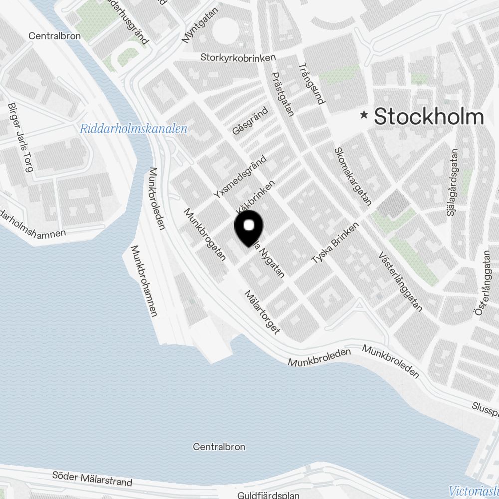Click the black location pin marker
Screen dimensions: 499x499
coord(248,227)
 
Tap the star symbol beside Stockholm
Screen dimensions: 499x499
coord(365,115)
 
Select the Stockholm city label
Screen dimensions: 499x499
coord(429,117)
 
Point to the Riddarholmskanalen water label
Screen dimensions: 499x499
coord(133,129)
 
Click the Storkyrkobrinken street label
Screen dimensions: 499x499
coord(238,58)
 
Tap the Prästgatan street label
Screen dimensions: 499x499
coord(283,94)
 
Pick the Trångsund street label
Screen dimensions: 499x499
coord(311,83)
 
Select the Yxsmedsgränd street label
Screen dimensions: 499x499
coord(240,178)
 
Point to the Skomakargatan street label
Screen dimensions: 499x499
coord(353,176)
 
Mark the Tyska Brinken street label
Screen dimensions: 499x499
coord(335,243)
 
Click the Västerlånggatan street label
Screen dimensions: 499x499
coord(400,281)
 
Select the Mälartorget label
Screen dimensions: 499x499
coord(262,312)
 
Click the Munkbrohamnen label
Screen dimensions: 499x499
coord(144,280)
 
